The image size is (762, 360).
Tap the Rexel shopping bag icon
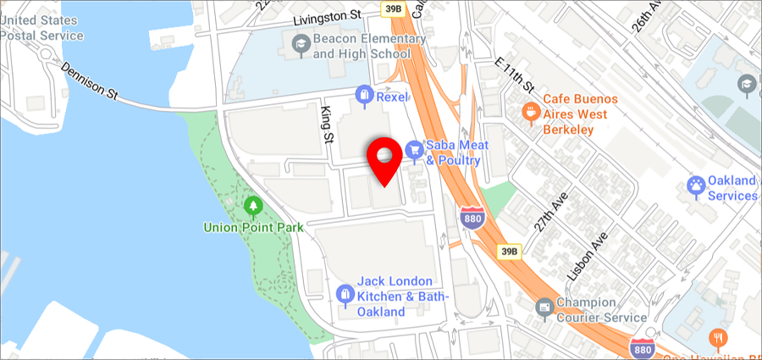364,96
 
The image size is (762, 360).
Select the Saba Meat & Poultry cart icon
414,149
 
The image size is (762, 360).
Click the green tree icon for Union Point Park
252,206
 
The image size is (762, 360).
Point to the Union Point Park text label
253,227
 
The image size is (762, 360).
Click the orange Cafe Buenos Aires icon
530,110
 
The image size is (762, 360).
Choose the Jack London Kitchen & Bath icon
344,294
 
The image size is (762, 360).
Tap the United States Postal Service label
42,28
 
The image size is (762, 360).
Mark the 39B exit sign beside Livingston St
392,10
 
